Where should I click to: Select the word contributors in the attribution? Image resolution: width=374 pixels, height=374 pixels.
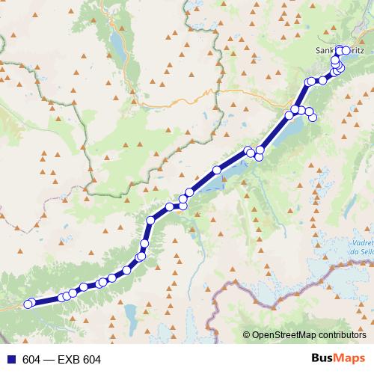click(x=343, y=336)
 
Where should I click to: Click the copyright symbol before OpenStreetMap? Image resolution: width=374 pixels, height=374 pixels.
click(x=247, y=336)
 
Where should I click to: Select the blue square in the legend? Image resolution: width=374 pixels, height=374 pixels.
click(x=9, y=360)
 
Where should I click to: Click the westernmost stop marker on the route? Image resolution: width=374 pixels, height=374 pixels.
click(x=28, y=304)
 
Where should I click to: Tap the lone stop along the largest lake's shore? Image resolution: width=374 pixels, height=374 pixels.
click(x=217, y=171)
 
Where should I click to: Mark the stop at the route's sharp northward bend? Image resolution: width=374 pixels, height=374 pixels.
click(x=151, y=220)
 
